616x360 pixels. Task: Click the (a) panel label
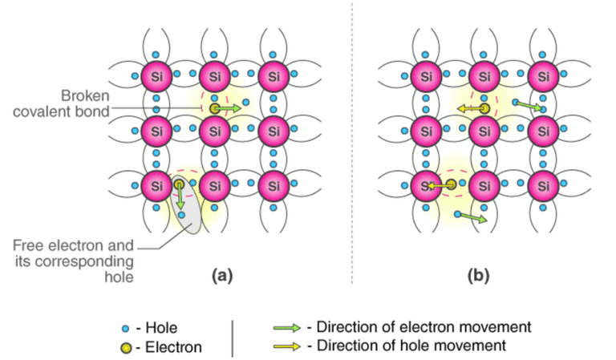click(222, 276)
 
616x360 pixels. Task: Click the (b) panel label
click(478, 276)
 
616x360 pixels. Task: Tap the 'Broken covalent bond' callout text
click(61, 103)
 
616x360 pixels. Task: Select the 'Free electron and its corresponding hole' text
click(74, 261)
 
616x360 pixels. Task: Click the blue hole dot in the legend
click(125, 328)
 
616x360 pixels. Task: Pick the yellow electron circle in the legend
click(126, 347)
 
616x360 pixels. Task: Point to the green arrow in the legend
click(287, 327)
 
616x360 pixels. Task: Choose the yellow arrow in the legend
click(287, 346)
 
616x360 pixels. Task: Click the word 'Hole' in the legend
click(161, 328)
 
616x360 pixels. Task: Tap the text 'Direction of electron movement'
click(423, 326)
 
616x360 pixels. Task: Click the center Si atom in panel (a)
click(215, 131)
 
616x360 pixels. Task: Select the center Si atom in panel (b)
click(484, 131)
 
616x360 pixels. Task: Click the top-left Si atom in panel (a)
click(156, 76)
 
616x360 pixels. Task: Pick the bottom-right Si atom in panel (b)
click(543, 186)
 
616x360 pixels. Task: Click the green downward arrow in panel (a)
click(180, 196)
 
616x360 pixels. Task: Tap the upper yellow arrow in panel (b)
click(472, 108)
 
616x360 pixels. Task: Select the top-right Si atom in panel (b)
click(543, 76)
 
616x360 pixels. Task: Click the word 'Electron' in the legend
click(173, 347)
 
